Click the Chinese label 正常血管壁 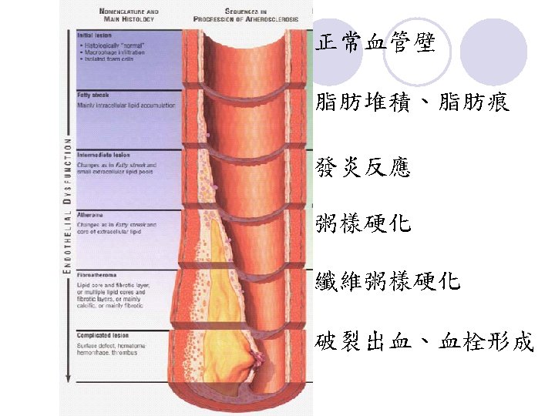[x=376, y=43]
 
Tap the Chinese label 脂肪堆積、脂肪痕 [x=413, y=102]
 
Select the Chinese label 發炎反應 [x=363, y=167]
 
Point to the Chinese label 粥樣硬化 [x=363, y=224]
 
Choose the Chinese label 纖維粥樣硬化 [x=388, y=281]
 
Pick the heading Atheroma [x=90, y=215]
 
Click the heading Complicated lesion [x=103, y=335]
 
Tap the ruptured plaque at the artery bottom [x=253, y=359]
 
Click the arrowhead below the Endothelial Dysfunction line [x=68, y=378]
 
